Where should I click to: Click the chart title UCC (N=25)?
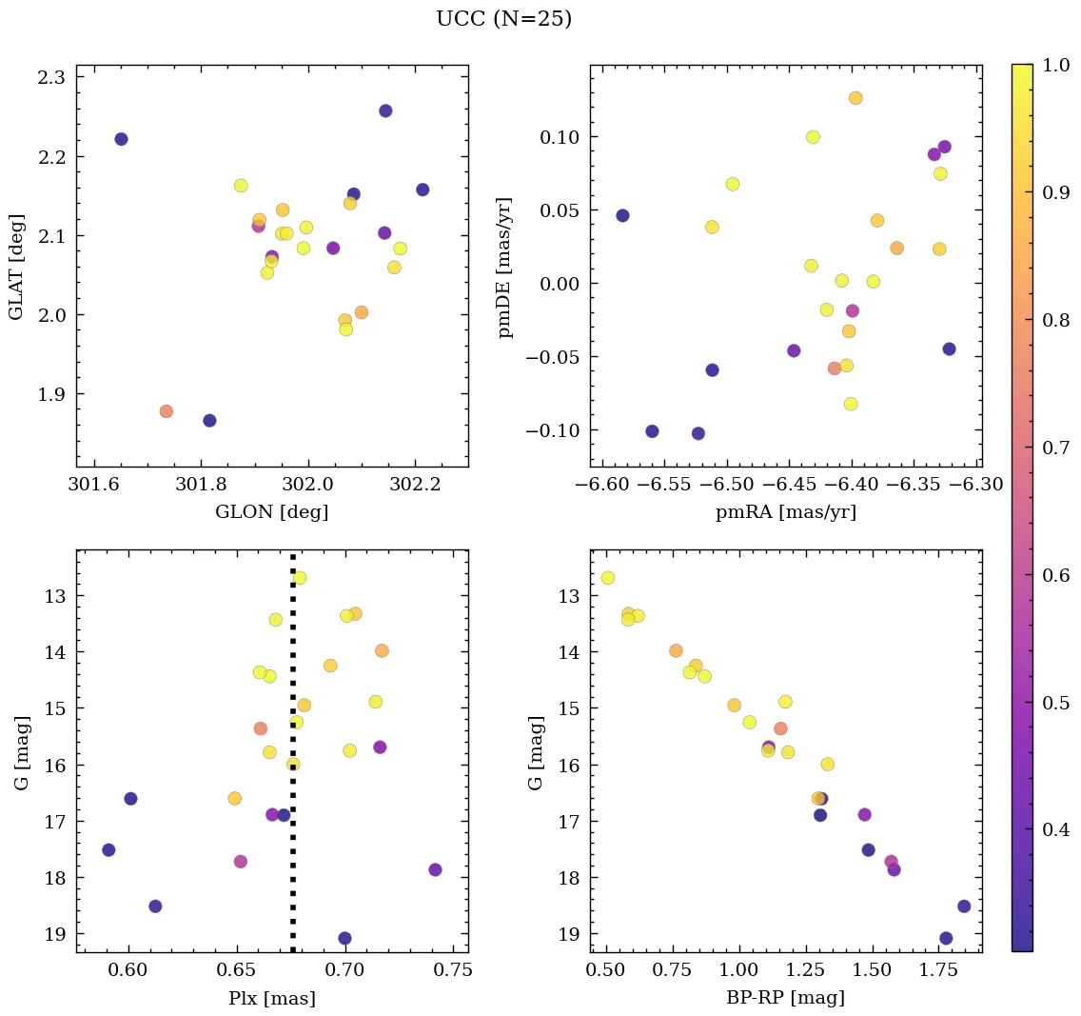[503, 19]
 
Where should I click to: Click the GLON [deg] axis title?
[272, 512]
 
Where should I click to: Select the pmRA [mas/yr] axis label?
[786, 512]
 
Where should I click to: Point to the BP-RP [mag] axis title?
[786, 998]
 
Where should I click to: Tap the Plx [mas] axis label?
[272, 998]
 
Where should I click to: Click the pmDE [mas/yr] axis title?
[505, 267]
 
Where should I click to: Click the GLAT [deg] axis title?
[15, 267]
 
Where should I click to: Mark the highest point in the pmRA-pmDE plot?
[855, 98]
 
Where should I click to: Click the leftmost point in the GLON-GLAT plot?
[121, 139]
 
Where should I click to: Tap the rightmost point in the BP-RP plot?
[964, 906]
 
